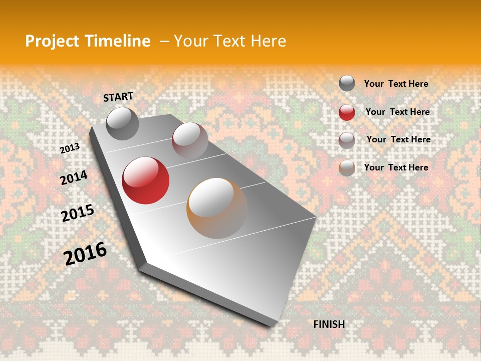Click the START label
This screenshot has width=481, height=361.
click(118, 97)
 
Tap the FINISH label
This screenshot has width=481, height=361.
click(329, 324)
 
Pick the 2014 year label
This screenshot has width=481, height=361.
click(74, 177)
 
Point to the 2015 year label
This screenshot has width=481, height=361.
click(77, 213)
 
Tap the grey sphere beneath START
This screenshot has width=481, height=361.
click(122, 124)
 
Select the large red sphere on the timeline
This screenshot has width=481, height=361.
click(145, 180)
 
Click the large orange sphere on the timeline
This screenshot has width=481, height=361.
click(217, 208)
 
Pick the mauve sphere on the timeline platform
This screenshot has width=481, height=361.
click(190, 140)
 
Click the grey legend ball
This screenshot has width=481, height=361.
click(347, 84)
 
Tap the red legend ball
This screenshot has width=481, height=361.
click(347, 112)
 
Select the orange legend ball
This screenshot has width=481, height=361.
click(347, 168)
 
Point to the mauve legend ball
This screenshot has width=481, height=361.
click(347, 140)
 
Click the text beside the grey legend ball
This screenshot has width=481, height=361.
click(396, 84)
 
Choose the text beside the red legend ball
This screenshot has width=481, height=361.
click(397, 112)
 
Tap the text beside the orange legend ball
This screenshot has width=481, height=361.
click(396, 167)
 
